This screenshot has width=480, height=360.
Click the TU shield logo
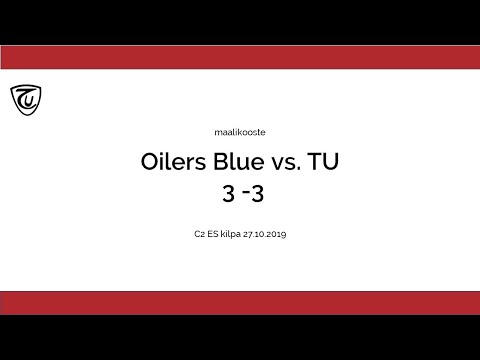tap(26, 99)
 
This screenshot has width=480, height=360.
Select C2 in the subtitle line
tap(199, 234)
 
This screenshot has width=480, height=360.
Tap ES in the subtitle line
tap(212, 234)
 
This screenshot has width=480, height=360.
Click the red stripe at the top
tap(240, 58)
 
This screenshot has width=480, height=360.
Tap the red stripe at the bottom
tap(240, 303)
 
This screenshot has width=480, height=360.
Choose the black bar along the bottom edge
tap(240, 338)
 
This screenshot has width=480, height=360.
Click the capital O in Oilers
tap(151, 162)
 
